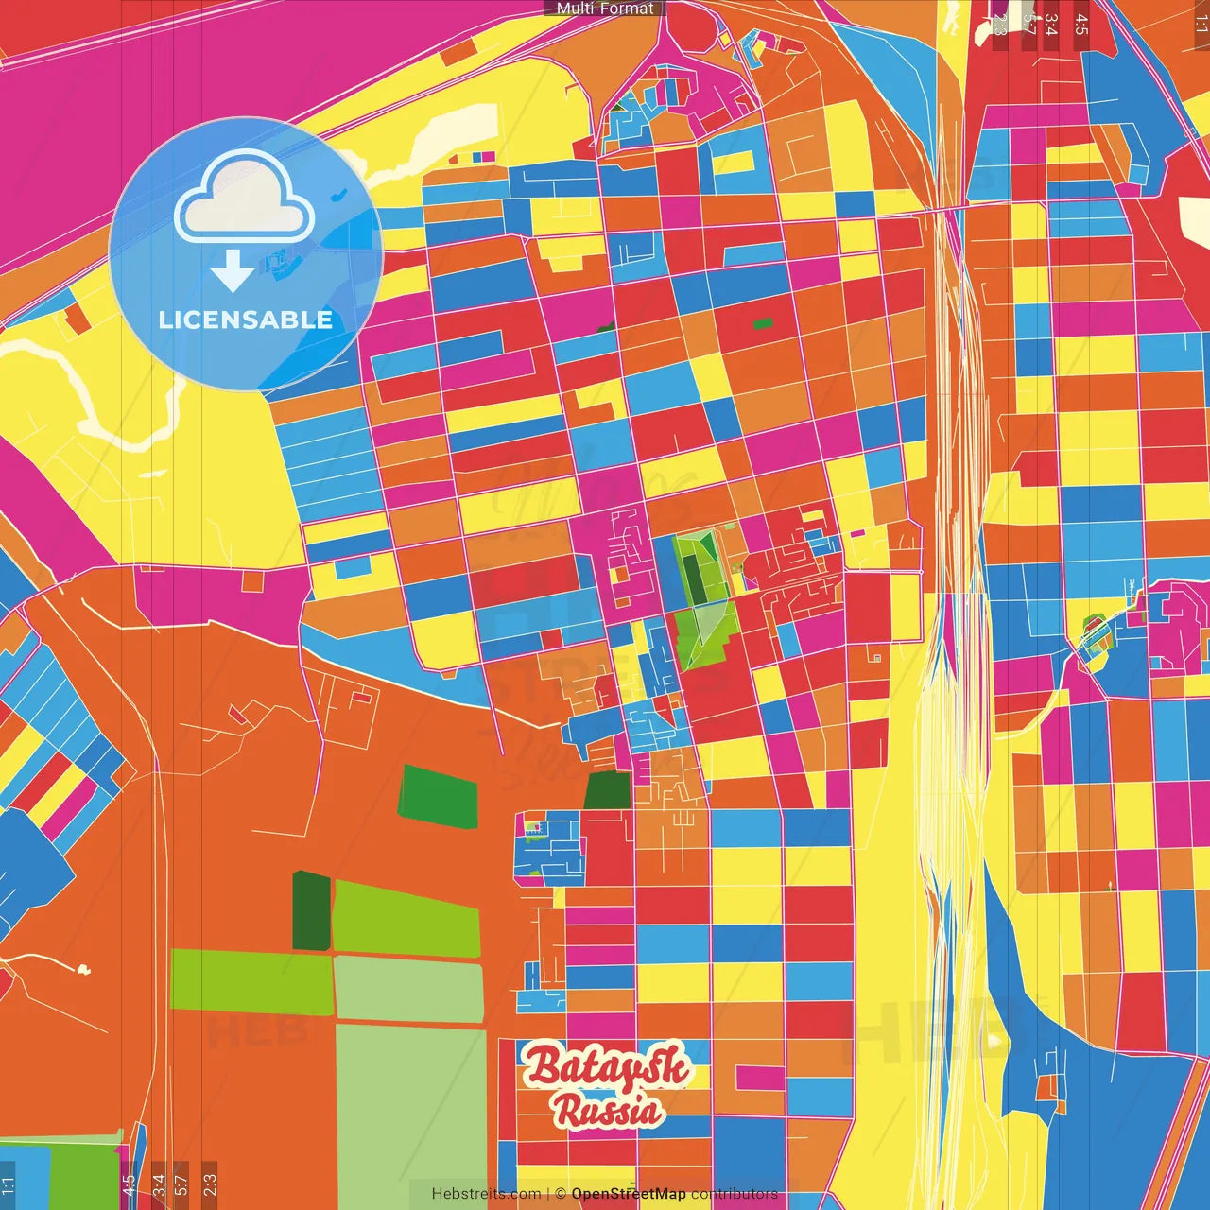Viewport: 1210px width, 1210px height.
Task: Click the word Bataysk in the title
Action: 607,1066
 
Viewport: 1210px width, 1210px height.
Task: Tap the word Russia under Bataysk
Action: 608,1111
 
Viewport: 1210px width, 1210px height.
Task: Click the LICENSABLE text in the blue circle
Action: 246,320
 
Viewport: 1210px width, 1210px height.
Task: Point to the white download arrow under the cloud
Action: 232,271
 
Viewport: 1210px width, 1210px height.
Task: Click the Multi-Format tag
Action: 605,9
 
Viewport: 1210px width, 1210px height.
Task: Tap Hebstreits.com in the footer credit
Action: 486,1194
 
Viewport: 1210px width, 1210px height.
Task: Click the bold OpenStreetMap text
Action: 628,1194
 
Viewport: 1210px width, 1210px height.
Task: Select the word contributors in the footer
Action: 734,1194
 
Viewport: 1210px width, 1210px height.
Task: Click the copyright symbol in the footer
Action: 560,1194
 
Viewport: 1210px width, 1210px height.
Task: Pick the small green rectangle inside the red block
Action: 762,323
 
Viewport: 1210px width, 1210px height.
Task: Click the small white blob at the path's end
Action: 83,969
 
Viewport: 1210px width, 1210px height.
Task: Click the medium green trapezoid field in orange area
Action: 438,797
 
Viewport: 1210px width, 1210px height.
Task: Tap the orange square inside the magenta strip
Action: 252,580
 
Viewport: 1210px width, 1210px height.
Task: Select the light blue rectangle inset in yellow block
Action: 353,566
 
